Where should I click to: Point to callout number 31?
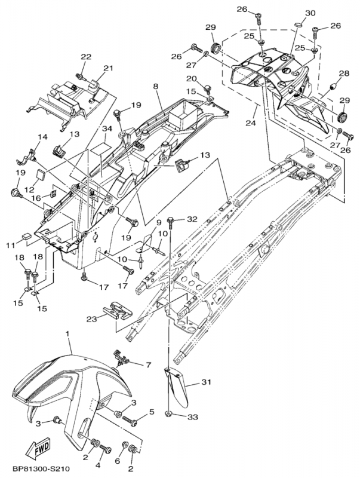pyautogui.click(x=207, y=382)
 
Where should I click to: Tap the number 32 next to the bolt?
pyautogui.click(x=192, y=219)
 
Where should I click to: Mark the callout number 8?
pyautogui.click(x=155, y=87)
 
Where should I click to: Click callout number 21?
pyautogui.click(x=107, y=68)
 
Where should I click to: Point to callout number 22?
pyautogui.click(x=86, y=57)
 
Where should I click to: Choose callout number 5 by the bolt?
pyautogui.click(x=151, y=412)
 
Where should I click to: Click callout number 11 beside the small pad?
pyautogui.click(x=11, y=246)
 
